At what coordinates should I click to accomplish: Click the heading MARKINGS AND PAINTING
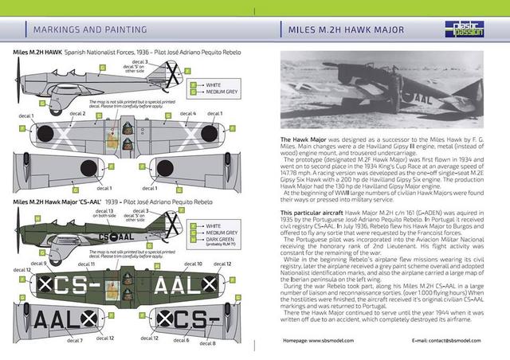tap(89, 29)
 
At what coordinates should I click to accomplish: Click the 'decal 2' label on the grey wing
tap(77, 114)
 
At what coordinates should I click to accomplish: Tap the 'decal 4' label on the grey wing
tap(188, 114)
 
